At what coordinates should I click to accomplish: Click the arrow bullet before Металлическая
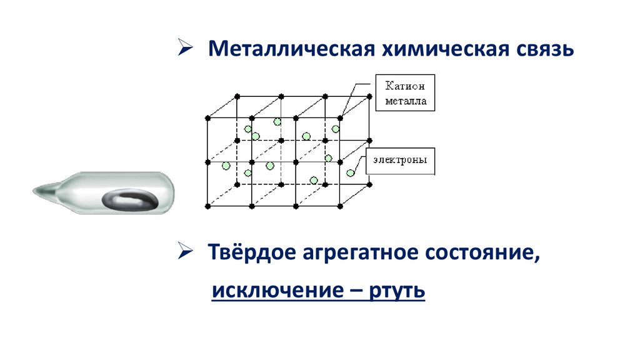[186, 47]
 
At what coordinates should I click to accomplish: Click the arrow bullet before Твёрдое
[186, 253]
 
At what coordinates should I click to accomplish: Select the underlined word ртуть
[397, 291]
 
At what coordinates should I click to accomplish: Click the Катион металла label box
[405, 93]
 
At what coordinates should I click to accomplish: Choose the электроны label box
[401, 160]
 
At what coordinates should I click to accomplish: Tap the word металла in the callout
[405, 101]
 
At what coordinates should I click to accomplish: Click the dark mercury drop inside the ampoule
[131, 199]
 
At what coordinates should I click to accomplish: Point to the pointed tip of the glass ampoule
[37, 187]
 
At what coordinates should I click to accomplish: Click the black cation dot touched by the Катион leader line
[341, 117]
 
